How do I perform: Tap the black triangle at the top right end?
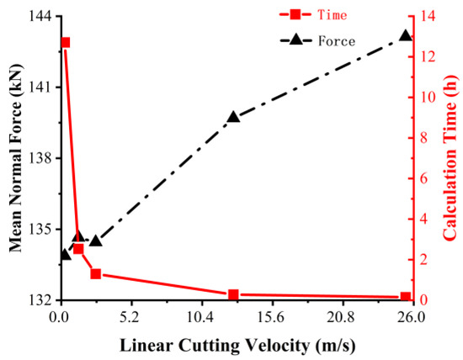(x=405, y=36)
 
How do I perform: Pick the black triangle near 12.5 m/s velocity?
(x=234, y=117)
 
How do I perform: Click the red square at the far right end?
(x=405, y=297)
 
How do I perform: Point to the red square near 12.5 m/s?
(x=234, y=294)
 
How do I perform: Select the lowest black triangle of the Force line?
(x=65, y=254)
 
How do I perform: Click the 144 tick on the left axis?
(x=39, y=17)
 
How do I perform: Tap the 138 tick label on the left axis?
(x=39, y=158)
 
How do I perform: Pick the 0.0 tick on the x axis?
(x=59, y=318)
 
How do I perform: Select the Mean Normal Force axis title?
(x=14, y=158)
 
